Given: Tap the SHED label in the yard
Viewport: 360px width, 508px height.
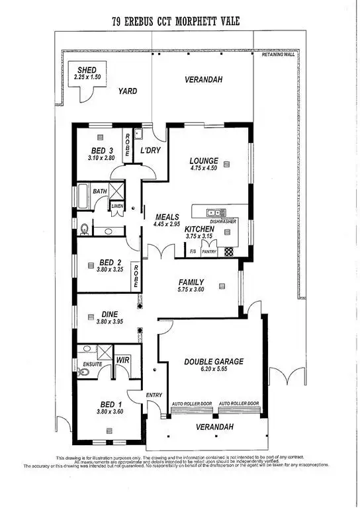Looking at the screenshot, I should pyautogui.click(x=86, y=69).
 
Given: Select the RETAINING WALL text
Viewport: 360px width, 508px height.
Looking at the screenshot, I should pyautogui.click(x=277, y=55).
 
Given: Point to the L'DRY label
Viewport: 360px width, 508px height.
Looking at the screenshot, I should pyautogui.click(x=150, y=150).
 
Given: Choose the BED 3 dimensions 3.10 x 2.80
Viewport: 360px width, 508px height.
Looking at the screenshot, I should pyautogui.click(x=101, y=159).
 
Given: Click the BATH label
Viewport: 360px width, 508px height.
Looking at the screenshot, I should pyautogui.click(x=100, y=191).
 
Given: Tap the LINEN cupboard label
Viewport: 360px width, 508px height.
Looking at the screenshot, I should pyautogui.click(x=117, y=206).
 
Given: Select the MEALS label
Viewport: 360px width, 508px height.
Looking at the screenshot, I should pyautogui.click(x=167, y=216).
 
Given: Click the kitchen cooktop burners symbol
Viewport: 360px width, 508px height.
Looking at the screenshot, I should pyautogui.click(x=229, y=252).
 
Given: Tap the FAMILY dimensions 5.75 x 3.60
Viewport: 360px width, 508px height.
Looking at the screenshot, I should pyautogui.click(x=191, y=290).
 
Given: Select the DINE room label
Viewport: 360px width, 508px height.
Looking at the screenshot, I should pyautogui.click(x=109, y=315).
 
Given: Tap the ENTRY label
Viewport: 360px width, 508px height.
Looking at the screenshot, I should pyautogui.click(x=154, y=395).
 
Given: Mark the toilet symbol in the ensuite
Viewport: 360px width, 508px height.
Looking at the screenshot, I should pyautogui.click(x=83, y=372).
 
